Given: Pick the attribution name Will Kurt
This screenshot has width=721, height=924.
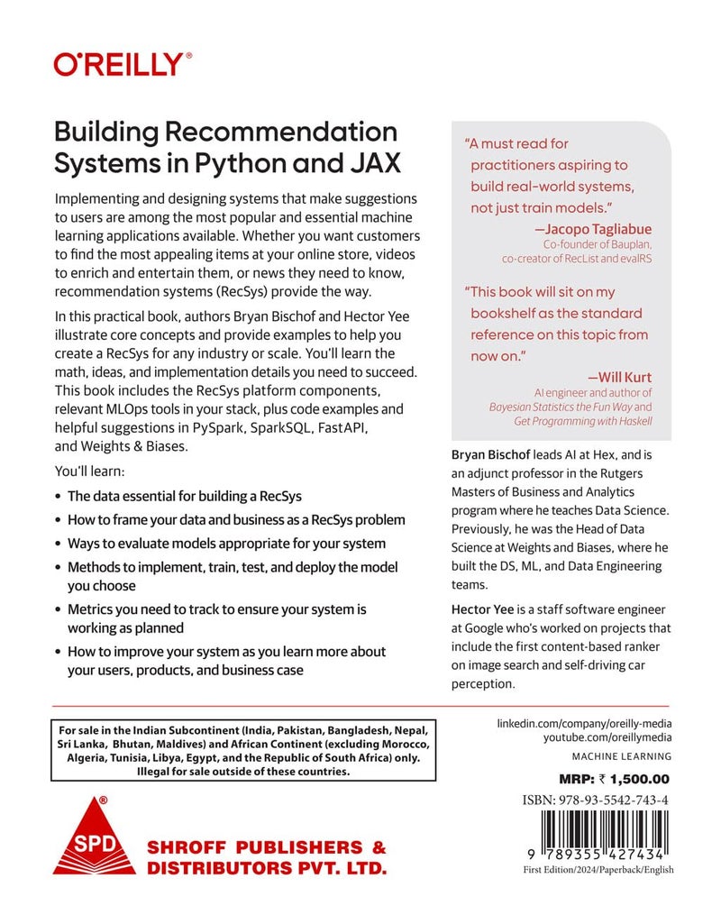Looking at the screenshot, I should click(x=619, y=378).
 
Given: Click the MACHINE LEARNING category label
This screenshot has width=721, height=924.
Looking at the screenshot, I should click(x=622, y=756).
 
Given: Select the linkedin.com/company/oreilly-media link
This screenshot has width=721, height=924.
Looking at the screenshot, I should click(x=585, y=724).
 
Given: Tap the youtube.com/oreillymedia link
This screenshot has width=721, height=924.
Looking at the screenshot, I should click(x=596, y=739).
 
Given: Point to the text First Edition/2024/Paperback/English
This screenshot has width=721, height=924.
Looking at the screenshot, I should click(x=598, y=870).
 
